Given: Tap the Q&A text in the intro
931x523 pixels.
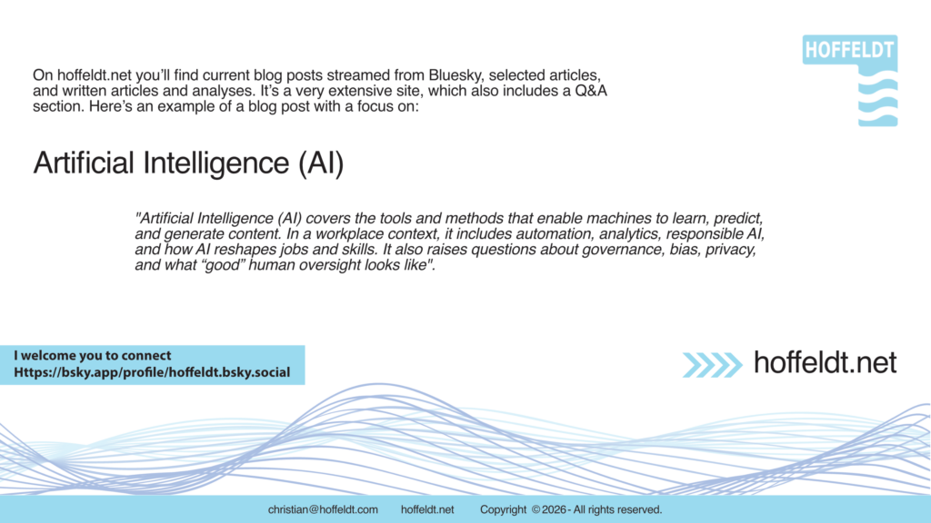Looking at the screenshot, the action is pyautogui.click(x=591, y=92).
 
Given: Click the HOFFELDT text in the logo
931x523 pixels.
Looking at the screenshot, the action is pyautogui.click(x=850, y=51).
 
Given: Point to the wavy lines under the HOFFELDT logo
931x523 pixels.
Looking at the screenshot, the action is pyautogui.click(x=877, y=99).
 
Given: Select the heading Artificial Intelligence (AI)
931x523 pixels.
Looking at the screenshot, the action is pyautogui.click(x=188, y=163).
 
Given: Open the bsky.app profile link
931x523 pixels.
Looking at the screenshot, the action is pyautogui.click(x=152, y=373).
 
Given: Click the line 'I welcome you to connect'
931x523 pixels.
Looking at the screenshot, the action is pyautogui.click(x=92, y=356).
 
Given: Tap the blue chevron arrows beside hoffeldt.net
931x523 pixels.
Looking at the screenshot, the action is pyautogui.click(x=713, y=365).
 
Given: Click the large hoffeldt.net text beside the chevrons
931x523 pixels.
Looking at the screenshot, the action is pyautogui.click(x=826, y=363).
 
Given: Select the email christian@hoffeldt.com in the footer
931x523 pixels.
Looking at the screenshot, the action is pyautogui.click(x=323, y=510).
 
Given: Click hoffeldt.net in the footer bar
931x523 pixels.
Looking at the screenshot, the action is pyautogui.click(x=427, y=510).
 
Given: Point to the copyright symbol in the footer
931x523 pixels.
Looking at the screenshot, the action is pyautogui.click(x=536, y=510).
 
